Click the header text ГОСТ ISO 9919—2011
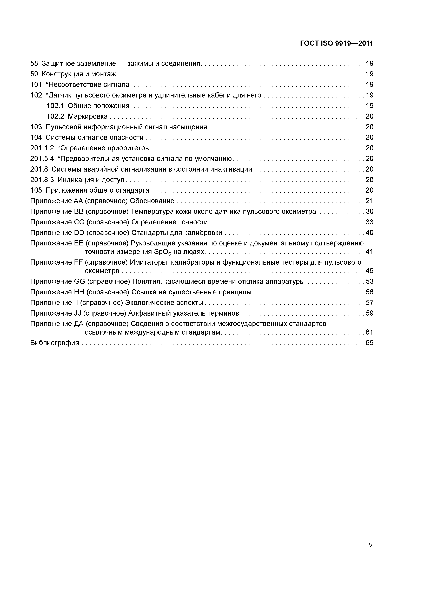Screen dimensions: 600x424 tap(336, 43)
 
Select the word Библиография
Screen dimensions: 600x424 tap(55, 343)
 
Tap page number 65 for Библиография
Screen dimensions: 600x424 tap(370, 343)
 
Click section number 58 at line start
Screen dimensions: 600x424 tap(34, 63)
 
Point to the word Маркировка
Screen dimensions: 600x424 tap(88, 116)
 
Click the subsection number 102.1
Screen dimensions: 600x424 tap(55, 106)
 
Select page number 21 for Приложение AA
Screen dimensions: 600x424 tap(370, 201)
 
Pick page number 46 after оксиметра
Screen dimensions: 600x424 tap(370, 271)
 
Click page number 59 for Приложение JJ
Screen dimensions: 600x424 tap(370, 313)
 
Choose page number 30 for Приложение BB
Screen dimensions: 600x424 tap(370, 211)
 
